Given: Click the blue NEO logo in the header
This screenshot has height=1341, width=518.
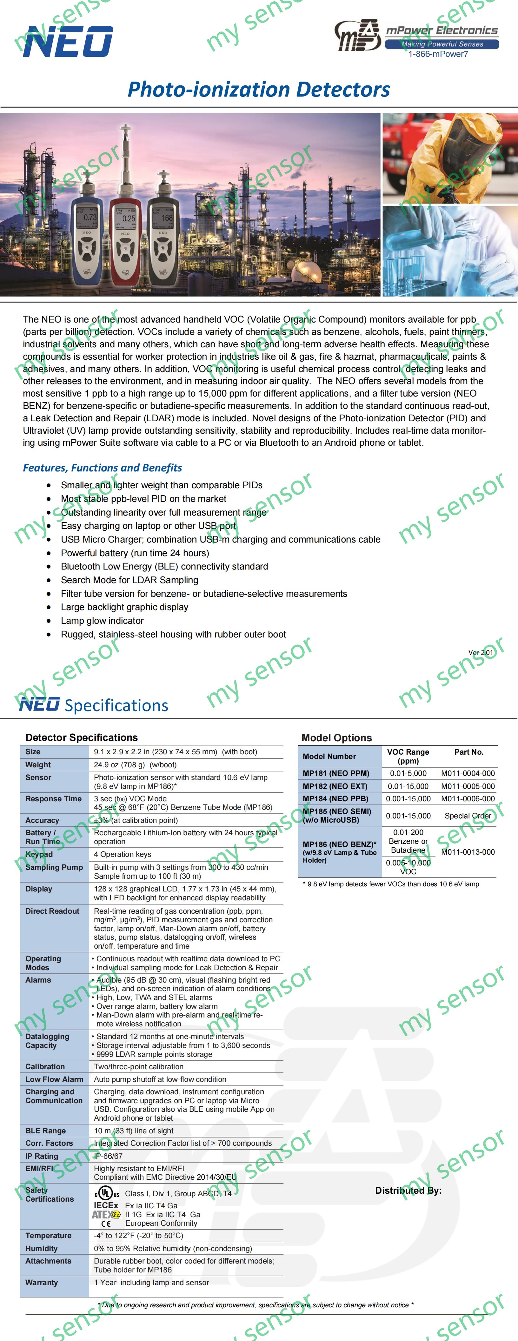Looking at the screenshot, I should (x=68, y=41).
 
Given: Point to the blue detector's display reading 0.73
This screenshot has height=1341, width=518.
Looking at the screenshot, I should (x=90, y=217).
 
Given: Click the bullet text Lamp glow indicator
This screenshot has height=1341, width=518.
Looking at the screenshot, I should (x=102, y=621).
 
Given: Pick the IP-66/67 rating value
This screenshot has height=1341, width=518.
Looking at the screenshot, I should (x=108, y=1156).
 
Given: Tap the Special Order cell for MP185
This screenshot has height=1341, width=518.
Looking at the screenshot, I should (x=468, y=816).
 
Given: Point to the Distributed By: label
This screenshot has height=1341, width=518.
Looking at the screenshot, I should (x=408, y=1190).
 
